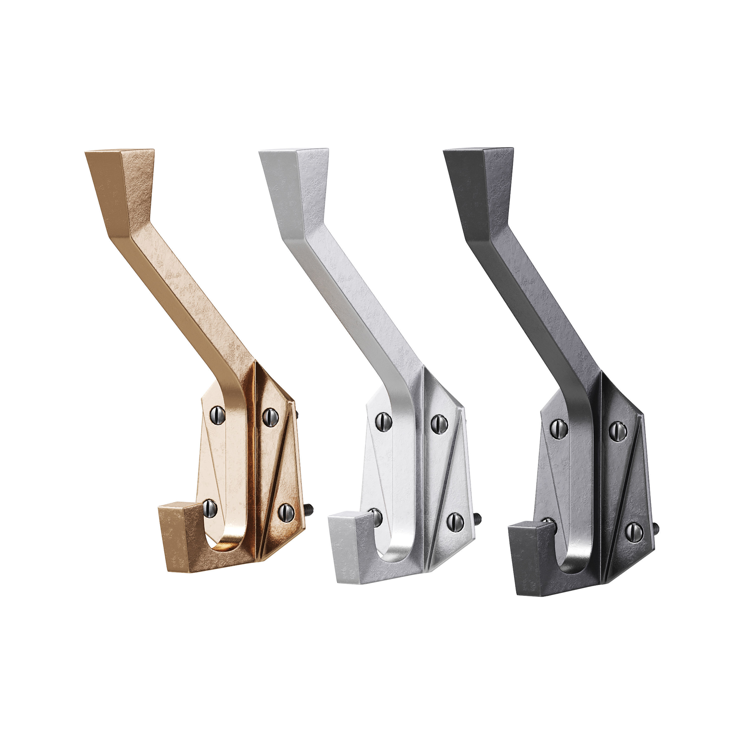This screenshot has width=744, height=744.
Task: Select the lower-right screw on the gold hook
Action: (286, 513)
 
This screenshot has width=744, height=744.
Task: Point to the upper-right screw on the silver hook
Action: (439, 424)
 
